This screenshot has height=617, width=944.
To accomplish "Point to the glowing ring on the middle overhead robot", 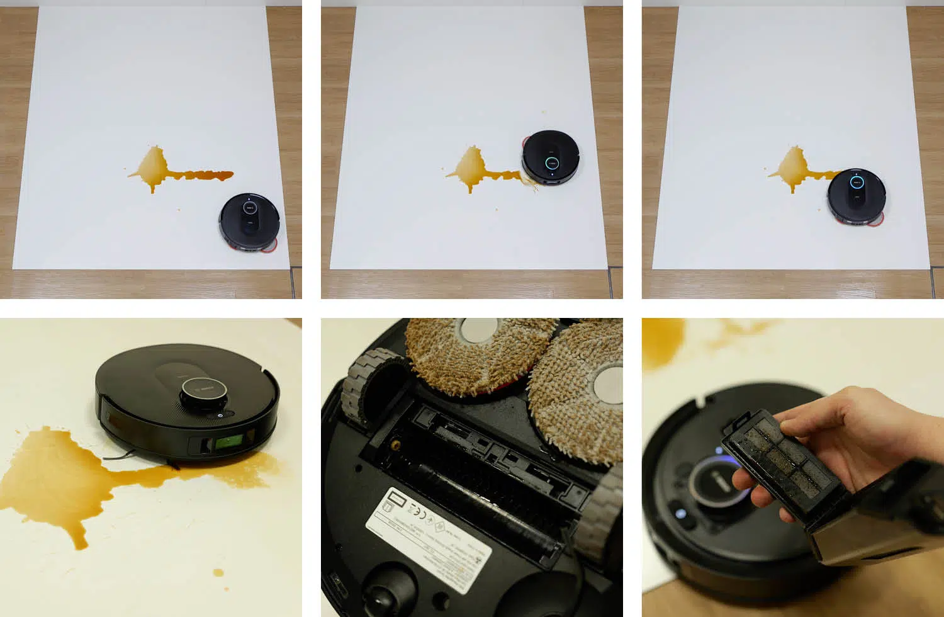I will pos(551,162).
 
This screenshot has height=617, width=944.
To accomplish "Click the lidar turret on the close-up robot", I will pos(205,394).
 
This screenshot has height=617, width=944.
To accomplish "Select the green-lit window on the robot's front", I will pos(230,443).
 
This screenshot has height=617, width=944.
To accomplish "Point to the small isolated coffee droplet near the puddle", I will pos(218,573).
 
